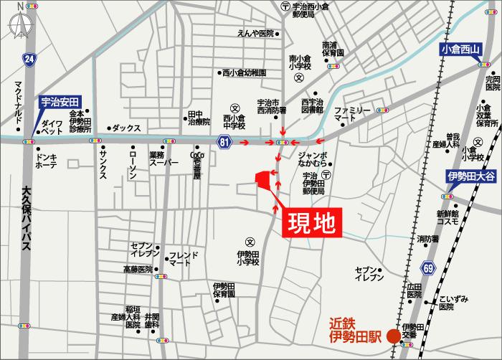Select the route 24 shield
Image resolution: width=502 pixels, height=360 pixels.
click(x=28, y=59)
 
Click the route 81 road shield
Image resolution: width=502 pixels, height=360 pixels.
click(x=224, y=143)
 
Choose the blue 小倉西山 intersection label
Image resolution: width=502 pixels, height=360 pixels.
click(x=460, y=50)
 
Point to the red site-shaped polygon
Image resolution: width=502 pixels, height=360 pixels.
click(x=266, y=181)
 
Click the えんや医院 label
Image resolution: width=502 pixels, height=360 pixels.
click(x=256, y=34)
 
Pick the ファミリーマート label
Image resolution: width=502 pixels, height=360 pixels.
click(x=353, y=113)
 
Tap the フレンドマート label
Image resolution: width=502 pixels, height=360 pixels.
click(x=179, y=259)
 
